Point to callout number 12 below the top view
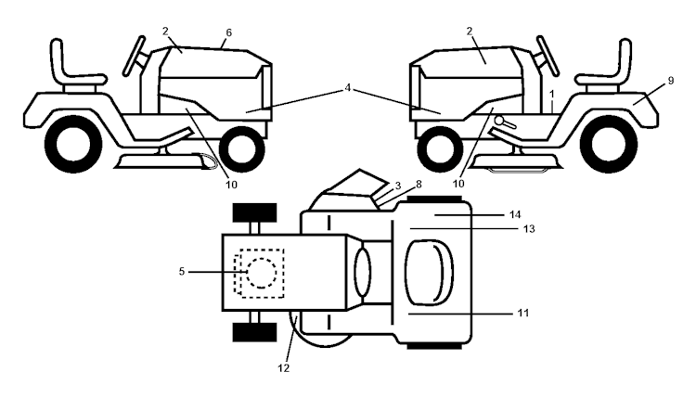pos(284,368)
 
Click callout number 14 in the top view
pos(516,213)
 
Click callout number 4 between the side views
pos(347,88)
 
